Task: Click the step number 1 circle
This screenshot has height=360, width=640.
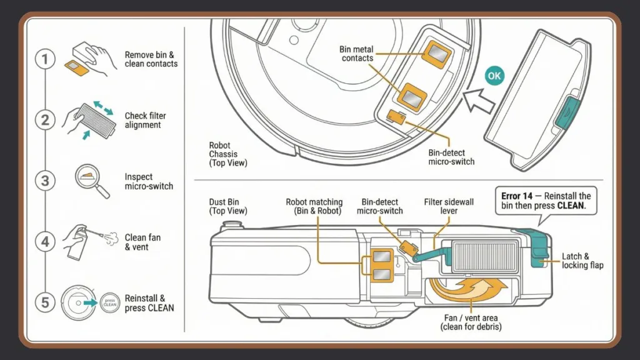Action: tap(44, 60)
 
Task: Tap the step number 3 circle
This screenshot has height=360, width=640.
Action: tap(44, 181)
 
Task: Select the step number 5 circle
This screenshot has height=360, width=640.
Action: tap(44, 303)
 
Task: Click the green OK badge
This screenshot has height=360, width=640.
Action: tap(494, 76)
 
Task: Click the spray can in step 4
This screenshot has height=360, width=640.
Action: tap(75, 243)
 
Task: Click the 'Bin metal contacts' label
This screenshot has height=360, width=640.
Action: tap(357, 54)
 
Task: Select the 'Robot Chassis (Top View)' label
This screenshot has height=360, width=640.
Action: tap(228, 154)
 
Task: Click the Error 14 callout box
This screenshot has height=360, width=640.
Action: tap(546, 201)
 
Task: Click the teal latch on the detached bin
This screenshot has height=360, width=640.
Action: tap(567, 113)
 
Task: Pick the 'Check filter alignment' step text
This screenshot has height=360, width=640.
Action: tap(146, 120)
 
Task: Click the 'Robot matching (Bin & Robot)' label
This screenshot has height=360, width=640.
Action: tap(314, 207)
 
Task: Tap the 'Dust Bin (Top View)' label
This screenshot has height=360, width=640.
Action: tap(228, 207)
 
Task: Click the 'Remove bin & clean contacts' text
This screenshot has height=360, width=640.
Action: tap(151, 59)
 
